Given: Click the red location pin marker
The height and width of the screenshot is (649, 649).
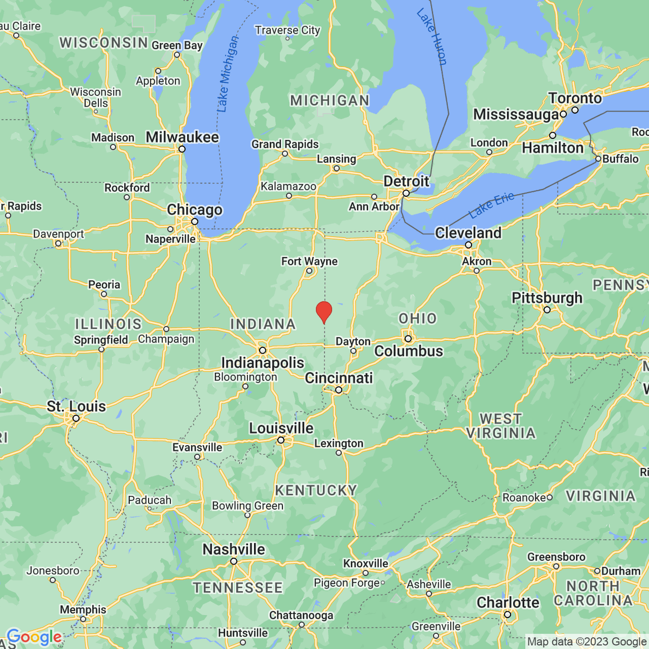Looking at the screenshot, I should (x=324, y=312).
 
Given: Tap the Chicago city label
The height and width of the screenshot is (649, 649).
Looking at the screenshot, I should (x=195, y=210).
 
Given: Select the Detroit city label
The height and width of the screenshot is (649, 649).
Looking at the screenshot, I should (x=406, y=181).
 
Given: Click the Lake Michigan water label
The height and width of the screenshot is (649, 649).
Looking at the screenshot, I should (x=227, y=74).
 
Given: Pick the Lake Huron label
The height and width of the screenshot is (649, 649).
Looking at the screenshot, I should (x=432, y=37).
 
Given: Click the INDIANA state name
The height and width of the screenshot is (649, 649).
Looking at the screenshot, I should (x=263, y=324).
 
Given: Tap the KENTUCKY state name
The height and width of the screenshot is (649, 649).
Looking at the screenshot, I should (x=316, y=490).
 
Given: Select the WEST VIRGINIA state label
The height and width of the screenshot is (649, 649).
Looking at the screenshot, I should (x=501, y=426).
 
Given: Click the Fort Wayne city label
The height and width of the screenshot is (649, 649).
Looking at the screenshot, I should (x=309, y=261).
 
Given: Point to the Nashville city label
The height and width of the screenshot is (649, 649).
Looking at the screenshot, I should (x=234, y=549).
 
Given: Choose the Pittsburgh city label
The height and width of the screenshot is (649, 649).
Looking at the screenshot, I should (x=547, y=298).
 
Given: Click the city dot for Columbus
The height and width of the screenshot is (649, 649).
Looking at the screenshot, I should (x=408, y=339).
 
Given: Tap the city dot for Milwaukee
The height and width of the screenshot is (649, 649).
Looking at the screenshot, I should (x=182, y=149).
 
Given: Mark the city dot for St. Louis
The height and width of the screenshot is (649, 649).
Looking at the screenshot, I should (x=76, y=418).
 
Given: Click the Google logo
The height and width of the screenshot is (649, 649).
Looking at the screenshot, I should (x=34, y=637).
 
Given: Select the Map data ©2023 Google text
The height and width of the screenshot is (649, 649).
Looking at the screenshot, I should (x=586, y=642).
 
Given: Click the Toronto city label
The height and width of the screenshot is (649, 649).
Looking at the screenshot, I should (x=575, y=98).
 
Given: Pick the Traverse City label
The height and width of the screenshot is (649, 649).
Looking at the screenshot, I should (x=288, y=30).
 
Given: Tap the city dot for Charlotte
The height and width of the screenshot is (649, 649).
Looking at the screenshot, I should (x=507, y=615).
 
